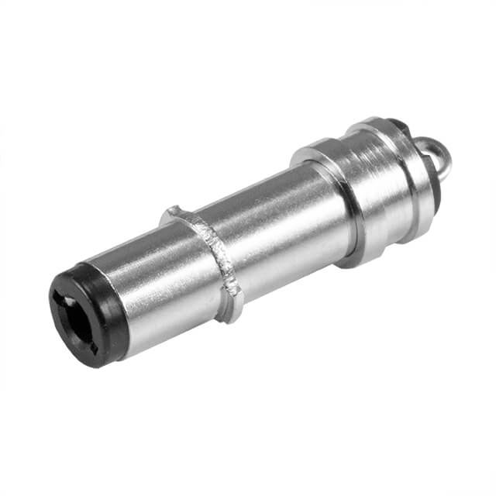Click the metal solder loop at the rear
443,154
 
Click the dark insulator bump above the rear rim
397,123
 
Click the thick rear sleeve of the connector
380,194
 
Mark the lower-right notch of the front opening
95,346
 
